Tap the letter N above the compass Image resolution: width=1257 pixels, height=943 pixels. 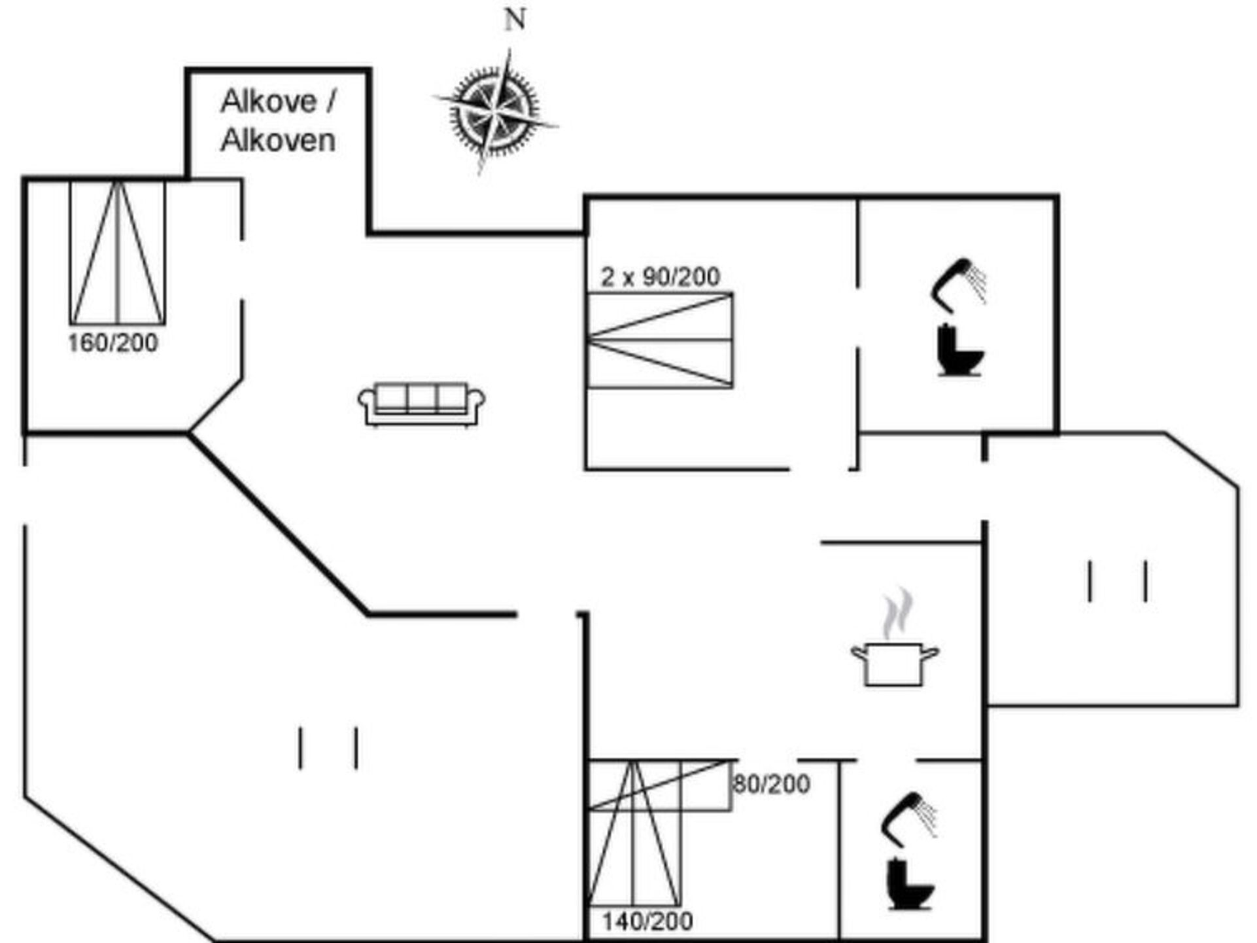pos(515,20)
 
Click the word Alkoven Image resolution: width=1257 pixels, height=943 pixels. pos(278,140)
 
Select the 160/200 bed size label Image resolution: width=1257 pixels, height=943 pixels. pos(113,342)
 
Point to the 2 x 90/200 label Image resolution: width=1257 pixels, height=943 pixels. pos(661,276)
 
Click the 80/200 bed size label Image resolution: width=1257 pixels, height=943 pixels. pos(772,783)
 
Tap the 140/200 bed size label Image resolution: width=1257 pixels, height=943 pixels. pos(647,921)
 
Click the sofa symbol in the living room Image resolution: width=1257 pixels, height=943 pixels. pos(422,404)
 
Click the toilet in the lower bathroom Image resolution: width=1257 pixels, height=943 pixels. pos(910,884)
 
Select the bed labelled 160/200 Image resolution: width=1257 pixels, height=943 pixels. pos(118,252)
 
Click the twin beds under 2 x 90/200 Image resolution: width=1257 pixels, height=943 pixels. pos(660,340)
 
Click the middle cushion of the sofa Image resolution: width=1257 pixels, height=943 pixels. pos(422,398)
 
